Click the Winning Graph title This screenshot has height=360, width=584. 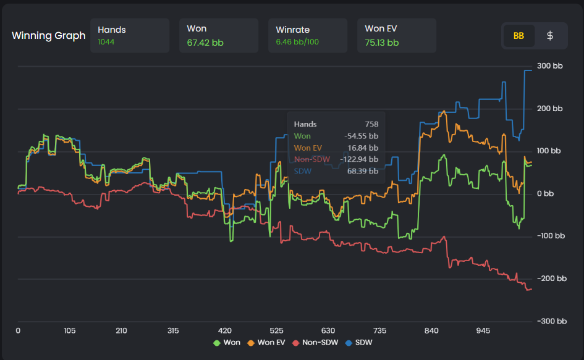pos(48,36)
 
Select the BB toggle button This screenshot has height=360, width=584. pos(518,36)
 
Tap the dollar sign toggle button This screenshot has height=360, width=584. pos(550,36)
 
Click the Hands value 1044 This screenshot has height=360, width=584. pos(106,43)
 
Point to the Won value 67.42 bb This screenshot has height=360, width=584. pos(203,43)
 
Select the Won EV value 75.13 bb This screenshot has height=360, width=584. pos(382,43)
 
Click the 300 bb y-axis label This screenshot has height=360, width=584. pos(549,66)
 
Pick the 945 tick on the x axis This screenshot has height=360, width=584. pos(484,331)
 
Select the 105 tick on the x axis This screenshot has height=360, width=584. pos(69,331)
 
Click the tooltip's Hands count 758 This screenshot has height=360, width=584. pos(371,124)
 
